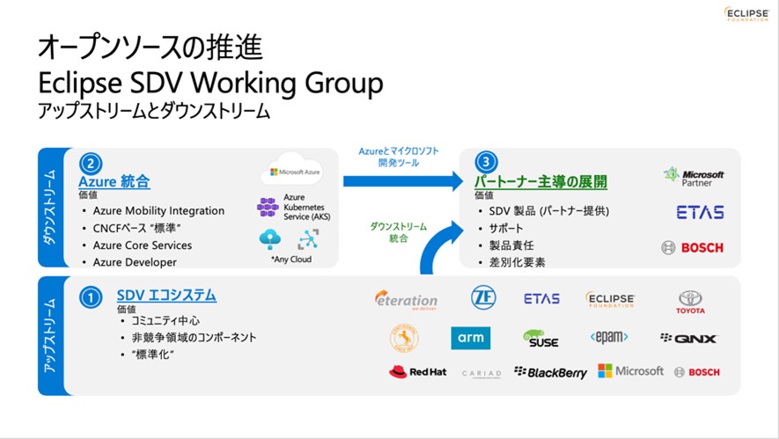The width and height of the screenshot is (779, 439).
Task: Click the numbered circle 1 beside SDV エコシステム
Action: click(91, 297)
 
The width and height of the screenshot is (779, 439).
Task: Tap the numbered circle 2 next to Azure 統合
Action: click(91, 164)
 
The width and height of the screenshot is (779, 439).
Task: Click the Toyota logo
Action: click(690, 302)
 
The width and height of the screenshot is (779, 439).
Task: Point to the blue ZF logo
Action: click(482, 297)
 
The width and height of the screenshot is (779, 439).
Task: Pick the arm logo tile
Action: click(470, 338)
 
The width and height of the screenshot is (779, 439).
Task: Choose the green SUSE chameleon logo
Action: click(540, 338)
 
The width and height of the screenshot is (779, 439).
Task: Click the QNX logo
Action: click(688, 338)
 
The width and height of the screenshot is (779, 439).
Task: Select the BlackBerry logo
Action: click(550, 373)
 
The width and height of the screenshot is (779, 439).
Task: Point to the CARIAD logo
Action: click(481, 374)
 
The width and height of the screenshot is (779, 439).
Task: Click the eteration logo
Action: click(405, 300)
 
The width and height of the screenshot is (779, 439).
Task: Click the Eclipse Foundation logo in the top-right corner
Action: click(746, 14)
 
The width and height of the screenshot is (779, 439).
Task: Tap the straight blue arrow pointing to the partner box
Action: click(401, 181)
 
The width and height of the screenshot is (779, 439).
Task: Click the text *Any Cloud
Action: click(290, 260)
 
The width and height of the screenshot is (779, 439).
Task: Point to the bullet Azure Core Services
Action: click(142, 245)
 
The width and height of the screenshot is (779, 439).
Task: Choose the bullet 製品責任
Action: click(511, 245)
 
